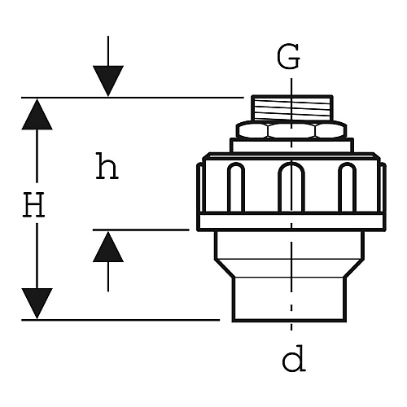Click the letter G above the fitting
tap(288, 56)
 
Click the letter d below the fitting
tap(294, 358)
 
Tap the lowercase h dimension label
tap(107, 165)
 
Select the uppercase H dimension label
tap(33, 204)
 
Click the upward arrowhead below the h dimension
tap(108, 247)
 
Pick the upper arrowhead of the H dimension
tap(37, 114)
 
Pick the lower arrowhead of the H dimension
tap(37, 304)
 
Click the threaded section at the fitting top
tap(292, 108)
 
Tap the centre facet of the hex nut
tap(292, 131)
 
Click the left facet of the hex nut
tap(252, 130)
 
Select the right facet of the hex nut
tap(331, 130)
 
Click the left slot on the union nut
tap(236, 187)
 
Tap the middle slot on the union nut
tap(291, 186)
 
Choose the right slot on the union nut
tap(348, 187)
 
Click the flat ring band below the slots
tap(291, 221)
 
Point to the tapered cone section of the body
tap(290, 268)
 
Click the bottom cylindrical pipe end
tap(290, 300)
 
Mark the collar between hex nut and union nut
tap(291, 146)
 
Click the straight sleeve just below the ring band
tap(290, 245)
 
